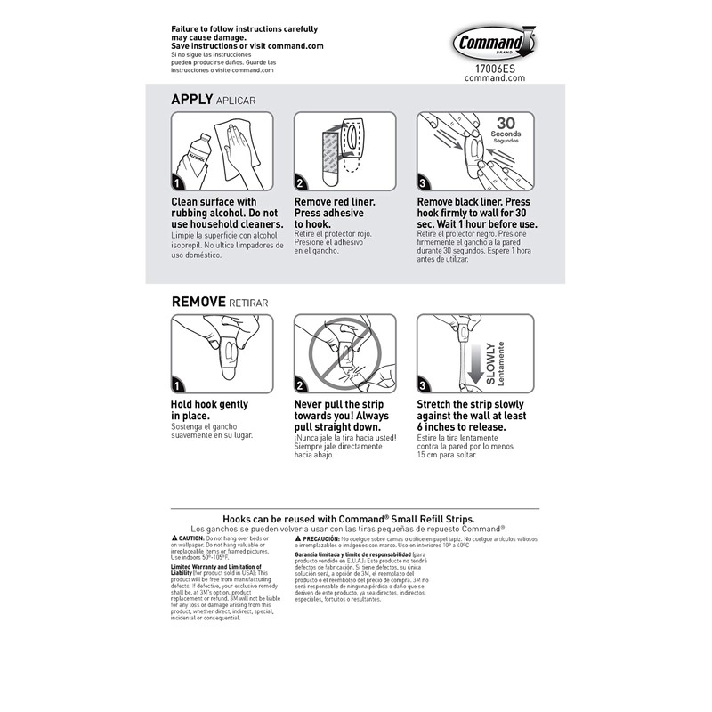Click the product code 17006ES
point(495,66)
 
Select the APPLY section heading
point(192,100)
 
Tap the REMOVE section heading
point(198,303)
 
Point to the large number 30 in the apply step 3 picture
point(506,123)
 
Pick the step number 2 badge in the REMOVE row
point(302,385)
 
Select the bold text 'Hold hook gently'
point(209,404)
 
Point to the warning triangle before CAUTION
point(174,539)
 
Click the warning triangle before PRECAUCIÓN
point(298,539)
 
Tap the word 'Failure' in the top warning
point(189,29)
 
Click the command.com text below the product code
point(495,77)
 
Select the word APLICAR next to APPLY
point(236,101)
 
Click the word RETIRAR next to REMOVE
point(248,303)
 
